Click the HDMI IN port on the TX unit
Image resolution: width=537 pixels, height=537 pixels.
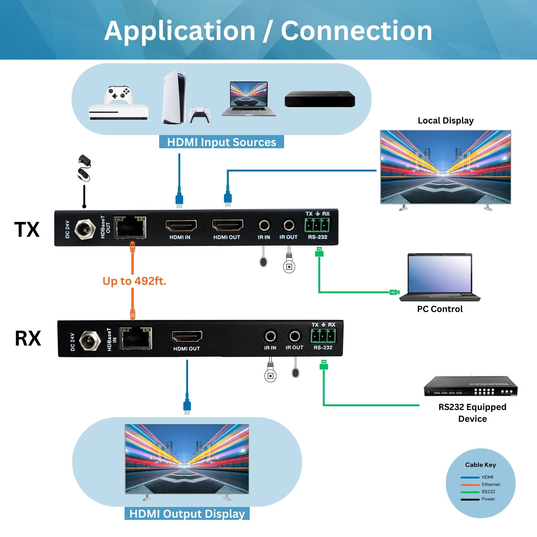click(181, 226)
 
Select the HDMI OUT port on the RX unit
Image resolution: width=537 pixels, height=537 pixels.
click(187, 337)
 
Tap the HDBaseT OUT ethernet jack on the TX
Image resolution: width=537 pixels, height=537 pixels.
click(130, 227)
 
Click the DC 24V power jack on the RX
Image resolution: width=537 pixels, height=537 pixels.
click(90, 341)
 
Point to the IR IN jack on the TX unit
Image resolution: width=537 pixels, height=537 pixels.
click(264, 225)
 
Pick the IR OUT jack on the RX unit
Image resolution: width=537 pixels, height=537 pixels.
click(294, 336)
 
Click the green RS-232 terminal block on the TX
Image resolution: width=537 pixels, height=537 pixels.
click(317, 225)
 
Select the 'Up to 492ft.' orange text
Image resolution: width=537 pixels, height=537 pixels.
click(134, 281)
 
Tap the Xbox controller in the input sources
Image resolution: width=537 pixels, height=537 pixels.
click(119, 95)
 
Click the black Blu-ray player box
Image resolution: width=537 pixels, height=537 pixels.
click(320, 99)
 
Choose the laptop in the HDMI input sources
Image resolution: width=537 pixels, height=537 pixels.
click(249, 99)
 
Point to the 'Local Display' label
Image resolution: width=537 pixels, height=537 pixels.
click(445, 121)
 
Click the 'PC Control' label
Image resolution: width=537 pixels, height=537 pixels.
click(440, 309)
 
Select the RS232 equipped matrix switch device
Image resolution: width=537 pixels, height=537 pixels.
click(470, 386)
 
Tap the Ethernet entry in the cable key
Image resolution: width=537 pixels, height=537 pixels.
click(491, 484)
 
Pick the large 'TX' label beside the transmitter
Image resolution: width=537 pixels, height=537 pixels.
click(27, 230)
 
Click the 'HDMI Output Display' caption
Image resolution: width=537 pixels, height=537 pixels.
click(187, 514)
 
